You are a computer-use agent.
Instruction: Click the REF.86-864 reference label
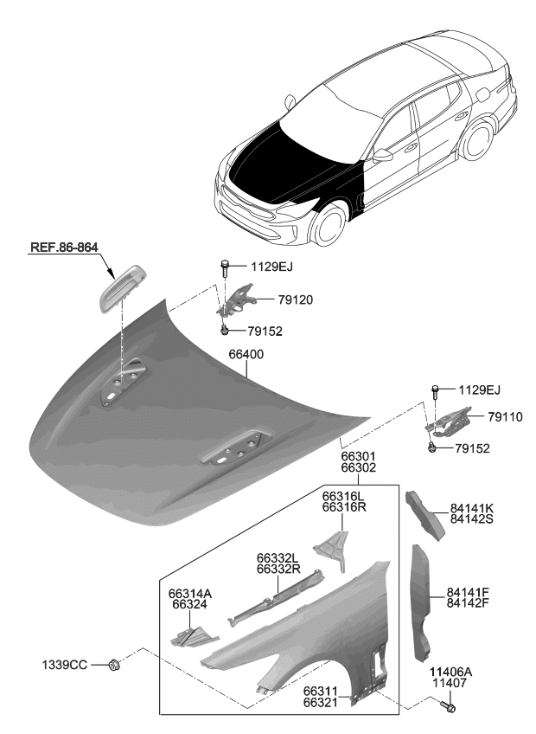click(63, 248)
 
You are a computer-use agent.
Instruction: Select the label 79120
click(295, 300)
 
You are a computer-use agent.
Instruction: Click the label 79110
click(506, 416)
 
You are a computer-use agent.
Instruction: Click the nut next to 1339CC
click(114, 665)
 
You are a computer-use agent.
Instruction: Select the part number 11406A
click(450, 672)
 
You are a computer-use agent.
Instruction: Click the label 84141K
click(471, 508)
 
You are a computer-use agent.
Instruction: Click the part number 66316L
click(344, 496)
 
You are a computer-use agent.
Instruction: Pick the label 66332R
click(278, 570)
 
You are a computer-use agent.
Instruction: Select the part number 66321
click(320, 704)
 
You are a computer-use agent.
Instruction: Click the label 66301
click(358, 456)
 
